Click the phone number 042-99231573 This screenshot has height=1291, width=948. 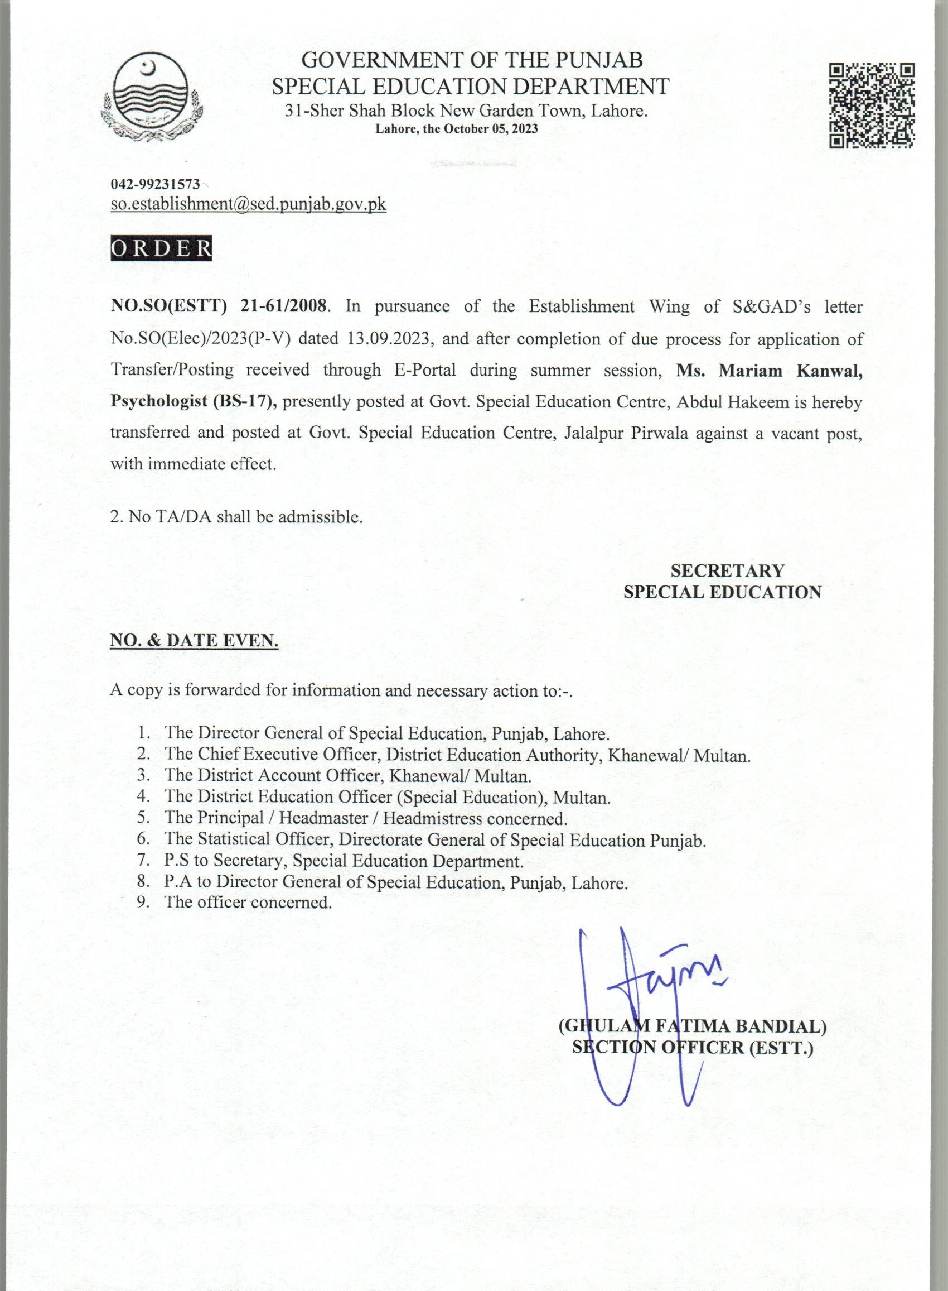pyautogui.click(x=156, y=184)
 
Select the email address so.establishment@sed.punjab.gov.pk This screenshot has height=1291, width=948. pyautogui.click(x=248, y=204)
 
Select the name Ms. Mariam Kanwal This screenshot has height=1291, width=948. pyautogui.click(x=769, y=370)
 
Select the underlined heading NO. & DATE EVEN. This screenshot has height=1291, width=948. pyautogui.click(x=194, y=640)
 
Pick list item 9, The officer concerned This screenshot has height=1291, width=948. pyautogui.click(x=248, y=901)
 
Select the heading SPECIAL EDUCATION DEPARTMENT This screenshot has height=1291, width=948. pyautogui.click(x=471, y=86)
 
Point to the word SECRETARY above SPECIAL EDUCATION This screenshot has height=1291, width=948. pyautogui.click(x=727, y=570)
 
